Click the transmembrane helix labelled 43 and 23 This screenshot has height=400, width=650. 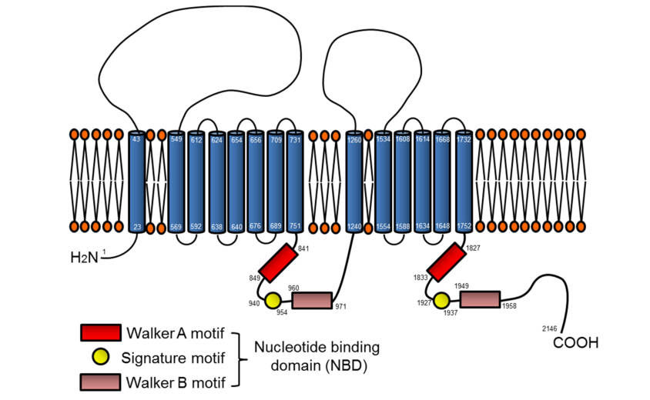point(136,182)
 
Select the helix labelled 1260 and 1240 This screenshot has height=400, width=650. point(354,182)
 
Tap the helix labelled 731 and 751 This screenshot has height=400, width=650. point(295,182)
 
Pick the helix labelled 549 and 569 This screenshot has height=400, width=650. point(176,182)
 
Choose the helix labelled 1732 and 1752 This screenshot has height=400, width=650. point(463,182)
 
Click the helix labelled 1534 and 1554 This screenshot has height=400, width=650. point(383,182)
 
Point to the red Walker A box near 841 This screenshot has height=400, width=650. point(276,263)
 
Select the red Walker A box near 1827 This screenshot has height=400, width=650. point(445,263)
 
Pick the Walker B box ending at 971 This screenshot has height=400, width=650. point(312,300)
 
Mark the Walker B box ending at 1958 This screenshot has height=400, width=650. point(480,299)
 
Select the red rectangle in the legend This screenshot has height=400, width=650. point(101,332)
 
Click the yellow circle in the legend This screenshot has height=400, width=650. point(101,356)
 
